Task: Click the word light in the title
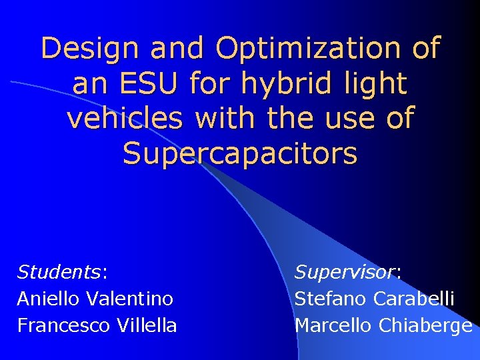click(x=373, y=84)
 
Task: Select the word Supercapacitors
click(x=240, y=153)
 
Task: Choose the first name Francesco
click(x=63, y=325)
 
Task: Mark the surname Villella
click(x=147, y=325)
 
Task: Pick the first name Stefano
click(x=330, y=299)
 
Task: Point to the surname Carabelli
click(x=414, y=299)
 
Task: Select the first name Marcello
click(x=333, y=325)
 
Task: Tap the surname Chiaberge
click(x=426, y=325)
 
